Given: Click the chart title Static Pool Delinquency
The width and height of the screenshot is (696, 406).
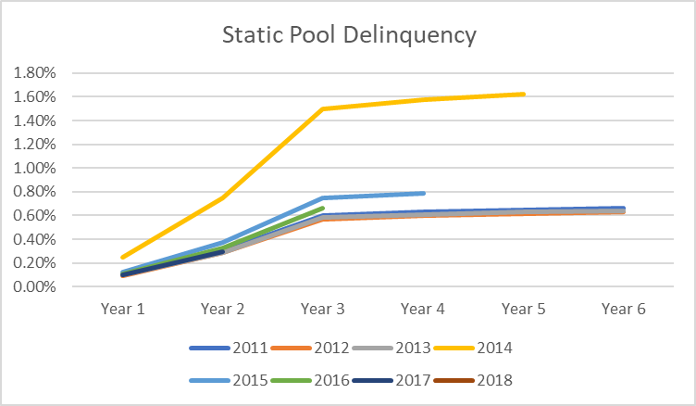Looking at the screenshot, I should click(349, 36).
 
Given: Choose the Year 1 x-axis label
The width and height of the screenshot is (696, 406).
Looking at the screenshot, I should click(122, 310).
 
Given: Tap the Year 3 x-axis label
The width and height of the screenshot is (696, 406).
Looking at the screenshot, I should click(323, 310).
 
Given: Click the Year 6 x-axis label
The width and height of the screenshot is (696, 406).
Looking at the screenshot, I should click(624, 310).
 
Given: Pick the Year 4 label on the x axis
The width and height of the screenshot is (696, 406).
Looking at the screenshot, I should click(423, 310).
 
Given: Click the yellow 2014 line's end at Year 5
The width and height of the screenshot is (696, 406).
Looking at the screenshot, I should click(524, 94).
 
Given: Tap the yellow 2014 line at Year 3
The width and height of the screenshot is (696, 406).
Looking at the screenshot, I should click(323, 108).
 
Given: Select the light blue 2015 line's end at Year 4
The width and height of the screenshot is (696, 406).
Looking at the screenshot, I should click(423, 193).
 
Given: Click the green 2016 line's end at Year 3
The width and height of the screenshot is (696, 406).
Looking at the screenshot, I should click(323, 208).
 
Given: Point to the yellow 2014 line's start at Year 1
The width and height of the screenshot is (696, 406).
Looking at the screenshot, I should click(122, 257).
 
